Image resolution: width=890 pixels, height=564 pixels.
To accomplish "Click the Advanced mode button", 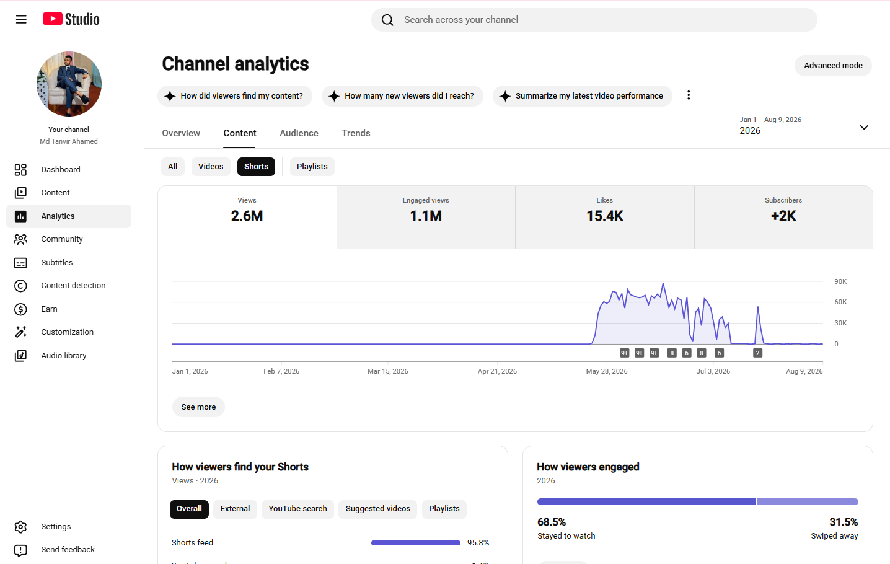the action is (x=833, y=66).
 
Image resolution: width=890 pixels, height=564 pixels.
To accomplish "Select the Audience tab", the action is (x=299, y=133).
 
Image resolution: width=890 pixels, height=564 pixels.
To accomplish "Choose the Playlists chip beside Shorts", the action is (x=312, y=167).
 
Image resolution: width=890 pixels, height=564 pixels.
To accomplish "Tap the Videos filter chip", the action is (x=211, y=167).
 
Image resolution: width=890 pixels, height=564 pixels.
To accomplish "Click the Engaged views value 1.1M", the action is (x=426, y=216).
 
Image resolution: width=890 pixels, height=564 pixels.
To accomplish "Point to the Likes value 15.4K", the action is (x=605, y=216).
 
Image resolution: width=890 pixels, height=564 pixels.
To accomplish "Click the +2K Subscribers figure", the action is (x=783, y=216).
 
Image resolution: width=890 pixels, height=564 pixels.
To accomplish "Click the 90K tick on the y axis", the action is (x=840, y=281).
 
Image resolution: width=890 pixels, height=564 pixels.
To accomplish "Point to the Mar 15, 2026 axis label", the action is (x=388, y=371).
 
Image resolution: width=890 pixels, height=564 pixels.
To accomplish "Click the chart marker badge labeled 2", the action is (x=758, y=353).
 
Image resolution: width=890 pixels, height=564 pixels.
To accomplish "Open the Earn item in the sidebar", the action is (x=49, y=309).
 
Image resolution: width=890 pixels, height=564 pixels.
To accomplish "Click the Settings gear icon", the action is (x=20, y=527).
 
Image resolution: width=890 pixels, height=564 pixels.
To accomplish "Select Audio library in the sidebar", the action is (x=64, y=355).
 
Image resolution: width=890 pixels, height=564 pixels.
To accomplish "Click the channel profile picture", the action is (x=69, y=84).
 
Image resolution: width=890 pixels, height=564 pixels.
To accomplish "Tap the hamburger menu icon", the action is (x=21, y=19).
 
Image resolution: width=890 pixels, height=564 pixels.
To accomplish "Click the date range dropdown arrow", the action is (x=864, y=128).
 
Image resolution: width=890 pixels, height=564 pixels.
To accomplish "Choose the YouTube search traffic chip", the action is (x=297, y=509).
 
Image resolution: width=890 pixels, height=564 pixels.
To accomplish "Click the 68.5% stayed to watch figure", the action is (x=552, y=522).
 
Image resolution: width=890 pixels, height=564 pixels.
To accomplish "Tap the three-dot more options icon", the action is (x=689, y=95).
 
